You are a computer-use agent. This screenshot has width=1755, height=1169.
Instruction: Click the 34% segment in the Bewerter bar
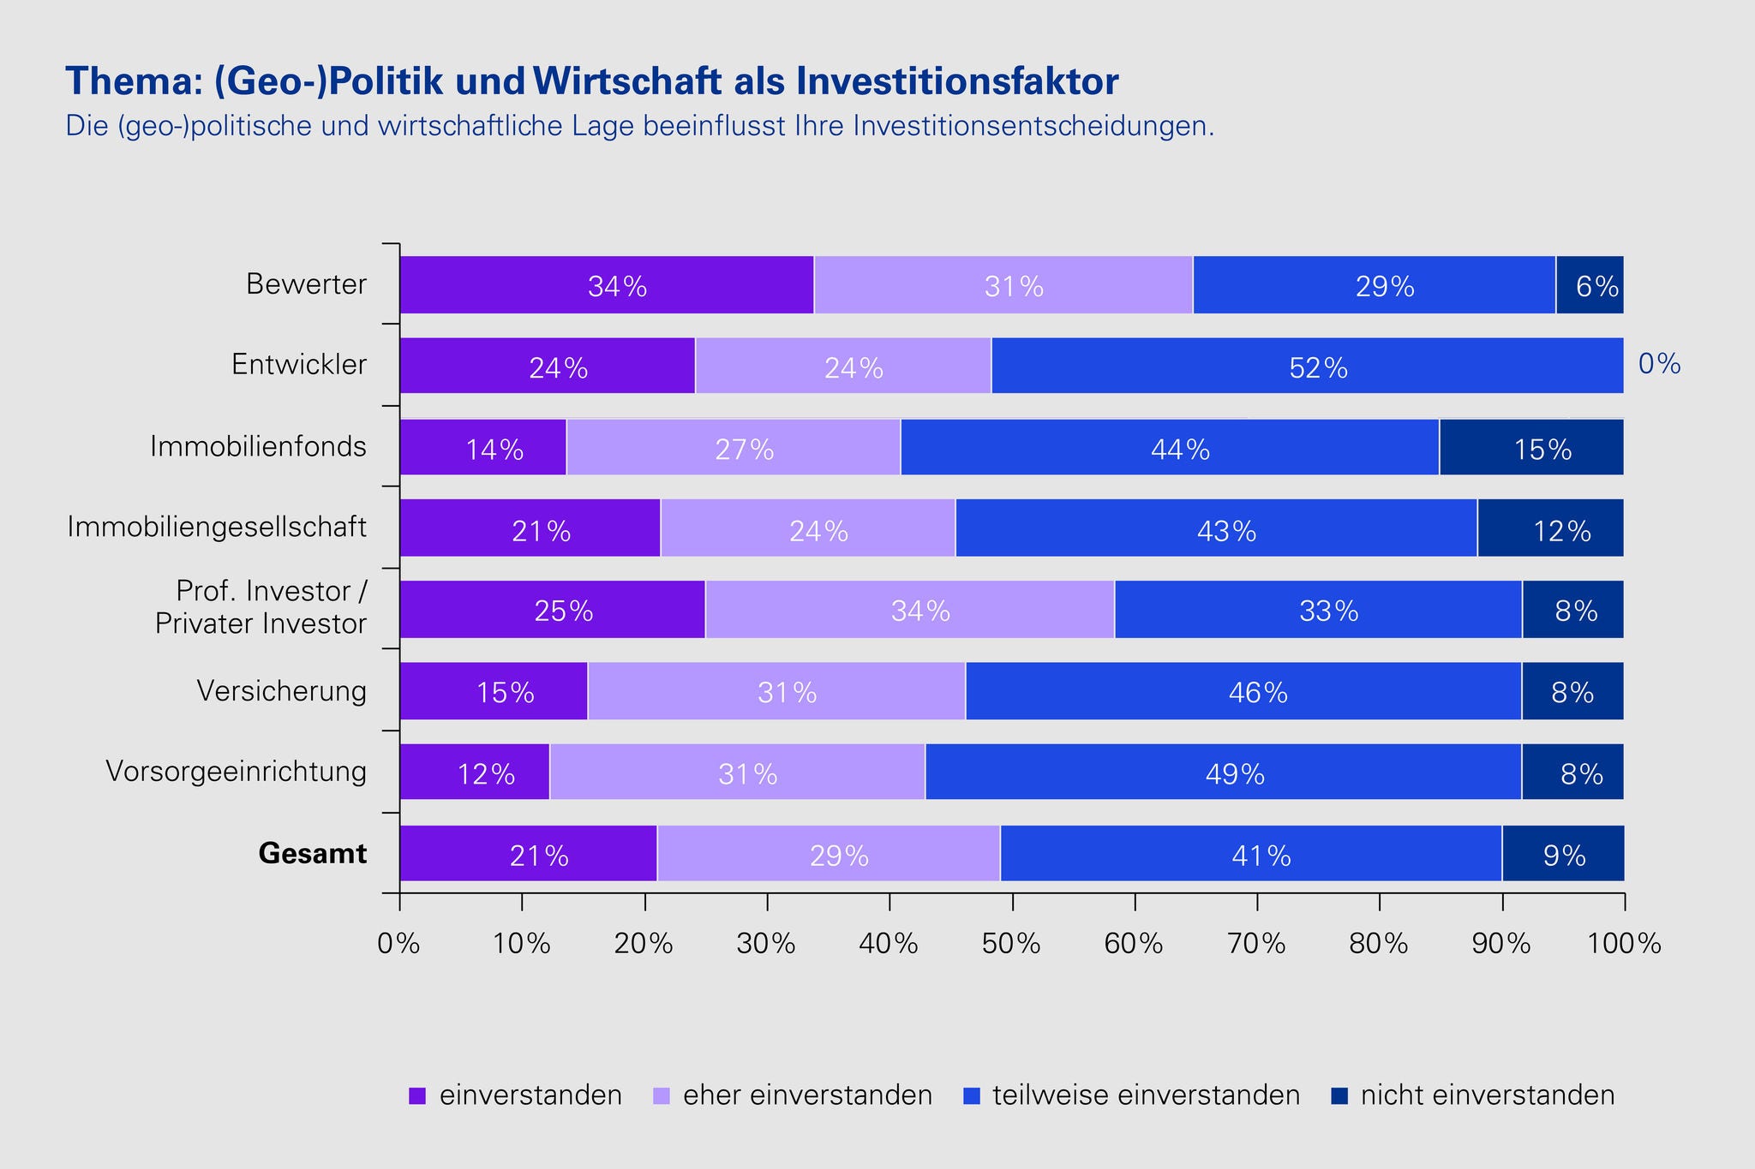point(607,285)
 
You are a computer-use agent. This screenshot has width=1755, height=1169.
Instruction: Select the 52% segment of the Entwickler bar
point(1307,367)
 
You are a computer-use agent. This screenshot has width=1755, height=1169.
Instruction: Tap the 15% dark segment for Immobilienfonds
point(1531,447)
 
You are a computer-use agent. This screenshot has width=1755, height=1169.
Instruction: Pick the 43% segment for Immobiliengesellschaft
point(1216,529)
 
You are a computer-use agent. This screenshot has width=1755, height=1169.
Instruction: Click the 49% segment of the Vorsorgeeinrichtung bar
point(1224,772)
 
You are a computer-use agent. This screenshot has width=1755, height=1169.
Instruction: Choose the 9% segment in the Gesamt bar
point(1563,854)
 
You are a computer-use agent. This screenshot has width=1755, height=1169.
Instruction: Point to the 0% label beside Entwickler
point(1659,365)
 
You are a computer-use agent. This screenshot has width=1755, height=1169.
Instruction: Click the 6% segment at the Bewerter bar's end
point(1590,285)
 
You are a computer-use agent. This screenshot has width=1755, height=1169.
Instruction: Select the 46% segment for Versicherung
point(1243,691)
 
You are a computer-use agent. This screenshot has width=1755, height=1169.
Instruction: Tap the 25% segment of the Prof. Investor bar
point(553,610)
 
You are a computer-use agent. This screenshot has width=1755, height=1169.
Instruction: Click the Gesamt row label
point(313,854)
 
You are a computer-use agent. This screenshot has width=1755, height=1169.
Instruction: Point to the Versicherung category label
point(282,690)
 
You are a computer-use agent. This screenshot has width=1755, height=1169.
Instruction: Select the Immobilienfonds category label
point(259,447)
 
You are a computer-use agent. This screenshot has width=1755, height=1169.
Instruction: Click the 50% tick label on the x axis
point(1012,944)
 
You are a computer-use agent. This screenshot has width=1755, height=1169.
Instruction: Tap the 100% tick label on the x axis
point(1625,944)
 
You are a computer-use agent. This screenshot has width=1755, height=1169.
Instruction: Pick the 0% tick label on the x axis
point(399,944)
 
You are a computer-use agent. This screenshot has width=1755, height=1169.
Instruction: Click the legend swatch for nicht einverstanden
point(1340,1096)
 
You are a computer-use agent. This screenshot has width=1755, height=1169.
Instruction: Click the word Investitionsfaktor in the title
point(957,82)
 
